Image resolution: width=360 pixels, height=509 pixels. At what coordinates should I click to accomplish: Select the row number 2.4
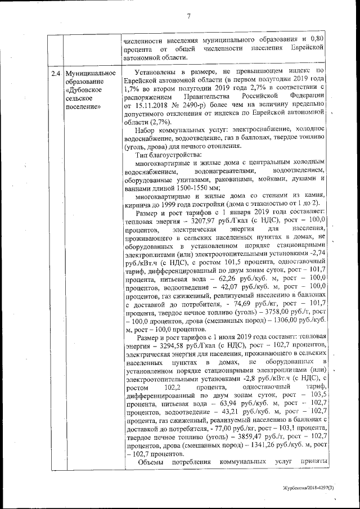point(55,74)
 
